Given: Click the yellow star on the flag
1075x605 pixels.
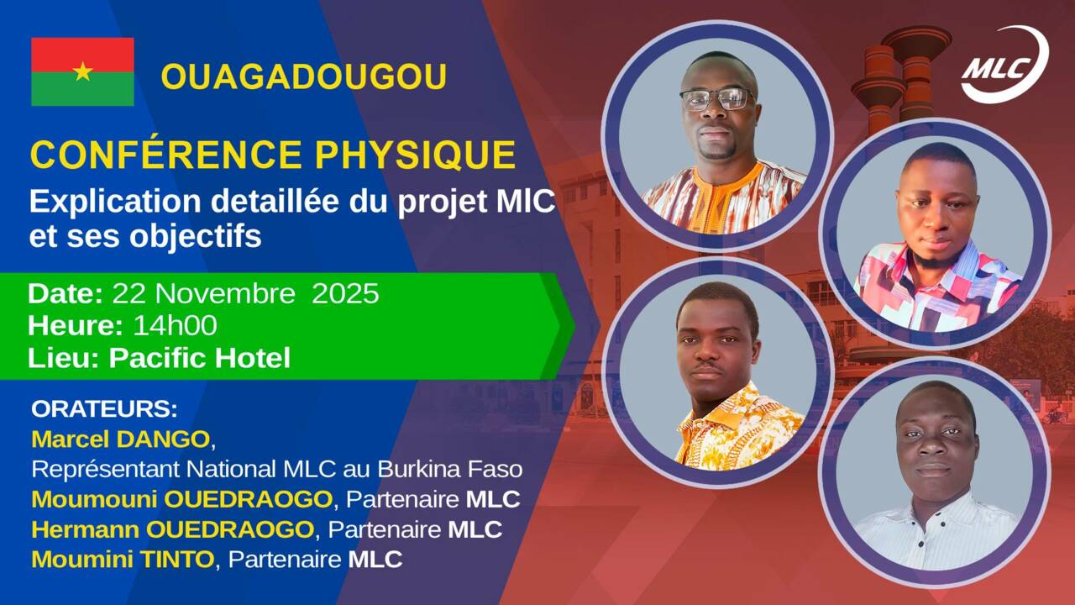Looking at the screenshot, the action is point(82,71).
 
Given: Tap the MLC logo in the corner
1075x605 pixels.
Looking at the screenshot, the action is point(1005,65).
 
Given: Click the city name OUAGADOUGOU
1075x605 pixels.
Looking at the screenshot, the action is point(304,76).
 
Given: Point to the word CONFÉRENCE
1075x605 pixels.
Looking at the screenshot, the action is point(166,154).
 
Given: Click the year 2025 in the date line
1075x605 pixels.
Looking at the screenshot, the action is point(345,293).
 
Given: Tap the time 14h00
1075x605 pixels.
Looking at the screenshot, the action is point(176,325).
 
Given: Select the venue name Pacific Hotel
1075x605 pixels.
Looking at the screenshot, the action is point(200,358).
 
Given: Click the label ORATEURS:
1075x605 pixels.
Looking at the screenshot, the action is point(104,409).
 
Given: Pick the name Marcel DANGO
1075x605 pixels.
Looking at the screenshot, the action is point(120,439).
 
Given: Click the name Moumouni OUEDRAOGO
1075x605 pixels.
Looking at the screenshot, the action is point(182,499).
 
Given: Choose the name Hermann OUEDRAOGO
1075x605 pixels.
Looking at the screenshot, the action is point(173,529).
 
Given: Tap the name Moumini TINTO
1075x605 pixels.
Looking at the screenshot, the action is point(123,560).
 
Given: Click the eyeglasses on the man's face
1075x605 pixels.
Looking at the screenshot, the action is point(718,99).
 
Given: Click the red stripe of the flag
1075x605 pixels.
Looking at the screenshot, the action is point(82,55).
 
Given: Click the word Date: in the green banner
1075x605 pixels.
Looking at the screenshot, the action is point(66,293).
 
